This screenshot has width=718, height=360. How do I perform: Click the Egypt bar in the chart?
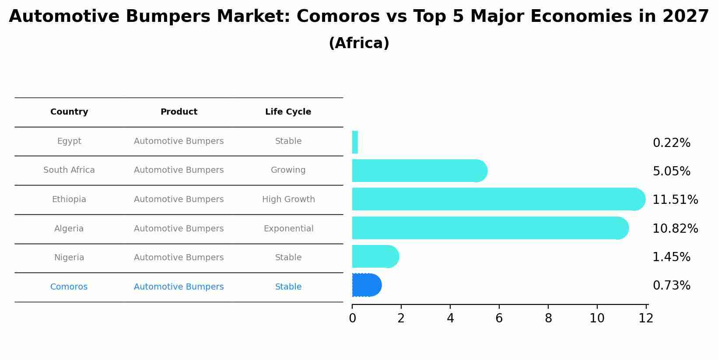pos(355,142)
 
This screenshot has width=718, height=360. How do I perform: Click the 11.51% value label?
pos(675,200)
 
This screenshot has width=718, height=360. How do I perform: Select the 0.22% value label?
pos(671,143)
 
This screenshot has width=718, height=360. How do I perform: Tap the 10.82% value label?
pos(675,229)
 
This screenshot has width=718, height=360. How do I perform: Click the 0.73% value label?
pos(671,286)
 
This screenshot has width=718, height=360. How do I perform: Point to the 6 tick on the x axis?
pos(499,318)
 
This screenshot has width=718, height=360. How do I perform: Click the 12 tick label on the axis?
pos(646,318)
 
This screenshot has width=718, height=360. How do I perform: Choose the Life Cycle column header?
pos(288,112)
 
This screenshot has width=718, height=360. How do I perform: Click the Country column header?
pos(69,112)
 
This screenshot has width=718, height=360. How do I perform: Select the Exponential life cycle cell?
pos(288,229)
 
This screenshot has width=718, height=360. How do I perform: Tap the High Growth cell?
pos(288,199)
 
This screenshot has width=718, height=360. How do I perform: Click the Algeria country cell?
pos(69,229)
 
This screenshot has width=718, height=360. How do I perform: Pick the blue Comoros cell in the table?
pos(69,287)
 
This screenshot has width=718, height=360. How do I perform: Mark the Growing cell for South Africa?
pos(288,170)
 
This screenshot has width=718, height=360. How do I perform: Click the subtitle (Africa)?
pos(359,43)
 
